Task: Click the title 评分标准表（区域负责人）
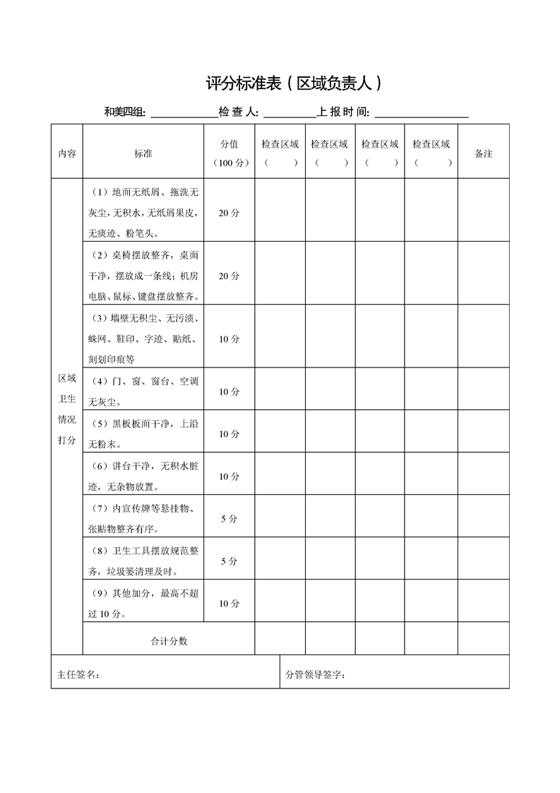tap(294, 84)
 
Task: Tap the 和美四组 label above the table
tap(124, 112)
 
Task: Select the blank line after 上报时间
tap(422, 114)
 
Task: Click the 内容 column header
tap(67, 153)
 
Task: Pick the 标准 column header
tap(143, 153)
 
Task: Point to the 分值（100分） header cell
tap(229, 153)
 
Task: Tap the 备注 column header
tap(484, 153)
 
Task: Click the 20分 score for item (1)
tap(229, 213)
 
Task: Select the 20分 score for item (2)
tap(229, 276)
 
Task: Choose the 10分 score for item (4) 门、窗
tap(229, 392)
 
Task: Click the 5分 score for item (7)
tap(229, 519)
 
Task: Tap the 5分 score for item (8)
tap(229, 561)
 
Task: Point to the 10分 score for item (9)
tap(229, 604)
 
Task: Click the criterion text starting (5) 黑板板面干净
tap(143, 434)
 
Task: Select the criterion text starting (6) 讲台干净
tap(143, 476)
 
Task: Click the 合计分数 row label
tap(169, 641)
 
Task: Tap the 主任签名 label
tap(78, 674)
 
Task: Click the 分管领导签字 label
tap(315, 674)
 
